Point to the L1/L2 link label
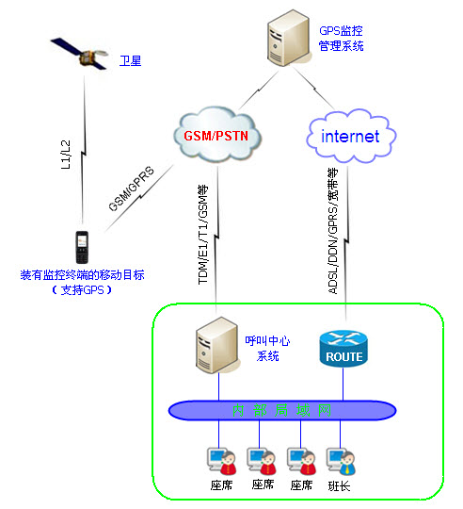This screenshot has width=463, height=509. (x=64, y=156)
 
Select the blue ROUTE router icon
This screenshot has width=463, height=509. (x=343, y=348)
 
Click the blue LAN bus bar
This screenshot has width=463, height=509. (x=280, y=410)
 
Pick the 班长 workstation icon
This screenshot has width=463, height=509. (x=339, y=460)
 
